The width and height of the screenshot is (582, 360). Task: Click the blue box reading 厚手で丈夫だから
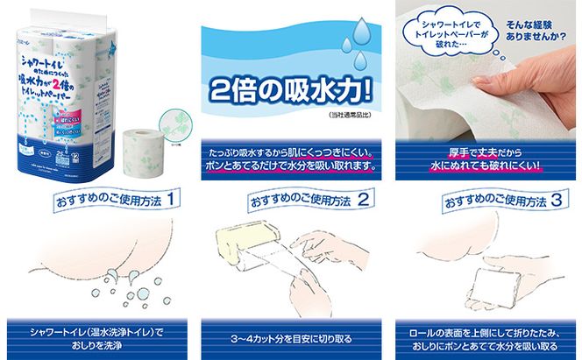click(x=485, y=158)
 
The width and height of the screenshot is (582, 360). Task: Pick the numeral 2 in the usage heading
click(x=360, y=201)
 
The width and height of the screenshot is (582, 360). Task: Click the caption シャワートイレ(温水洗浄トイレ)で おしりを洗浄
click(x=96, y=337)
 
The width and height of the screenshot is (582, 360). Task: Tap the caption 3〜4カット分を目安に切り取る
click(x=290, y=337)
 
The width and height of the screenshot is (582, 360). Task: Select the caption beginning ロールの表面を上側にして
click(x=485, y=337)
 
